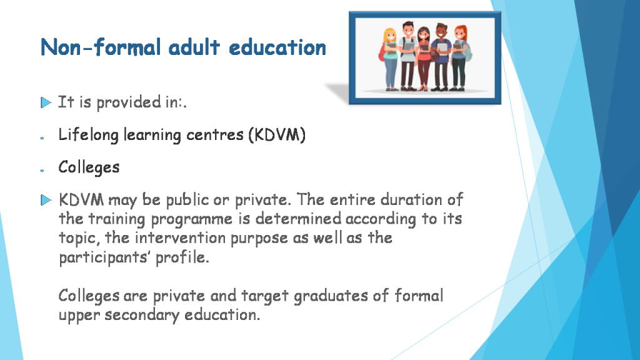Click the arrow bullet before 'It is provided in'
[45, 102]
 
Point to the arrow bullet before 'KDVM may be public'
[45, 201]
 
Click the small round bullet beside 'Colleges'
[42, 170]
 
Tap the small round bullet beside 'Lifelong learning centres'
[42, 137]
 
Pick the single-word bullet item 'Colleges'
[89, 167]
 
